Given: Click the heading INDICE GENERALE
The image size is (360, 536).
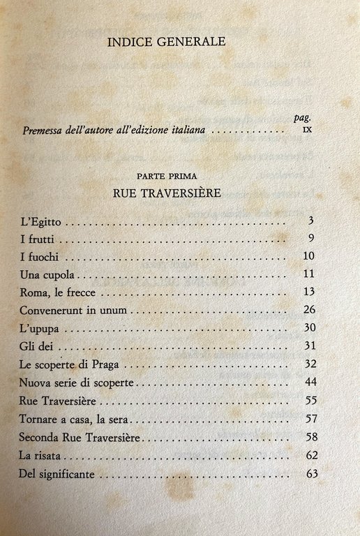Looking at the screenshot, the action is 166,42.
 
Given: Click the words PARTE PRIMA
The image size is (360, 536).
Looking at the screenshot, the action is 167,177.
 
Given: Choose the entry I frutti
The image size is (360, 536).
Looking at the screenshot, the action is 38,239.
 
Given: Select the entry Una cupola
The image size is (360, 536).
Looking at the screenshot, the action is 46,272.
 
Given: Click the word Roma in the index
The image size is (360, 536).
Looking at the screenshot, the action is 33,290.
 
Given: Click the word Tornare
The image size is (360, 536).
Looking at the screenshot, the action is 40,420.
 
